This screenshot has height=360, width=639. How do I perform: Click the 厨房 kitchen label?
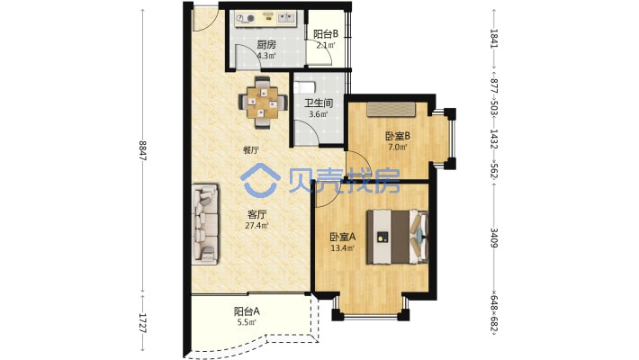click(266, 44)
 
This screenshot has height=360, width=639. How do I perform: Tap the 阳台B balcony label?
click(326, 34)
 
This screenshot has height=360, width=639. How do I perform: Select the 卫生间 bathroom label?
click(319, 103)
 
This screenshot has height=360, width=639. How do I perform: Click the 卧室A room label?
click(343, 237)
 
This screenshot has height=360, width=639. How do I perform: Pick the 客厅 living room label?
click(256, 214)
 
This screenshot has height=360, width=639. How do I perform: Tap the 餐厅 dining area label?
click(251, 150)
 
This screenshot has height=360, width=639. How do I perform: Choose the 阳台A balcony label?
click(247, 312)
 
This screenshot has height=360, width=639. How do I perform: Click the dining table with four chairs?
click(263, 102)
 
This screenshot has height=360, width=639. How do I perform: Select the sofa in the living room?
click(205, 223)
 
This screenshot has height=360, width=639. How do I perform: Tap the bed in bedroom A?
click(397, 237)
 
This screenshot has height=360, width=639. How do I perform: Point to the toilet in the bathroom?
click(304, 86)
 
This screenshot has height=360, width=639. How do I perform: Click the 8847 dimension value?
click(142, 150)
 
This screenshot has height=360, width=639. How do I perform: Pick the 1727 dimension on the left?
click(142, 323)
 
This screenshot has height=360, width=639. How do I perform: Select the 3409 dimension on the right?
click(493, 238)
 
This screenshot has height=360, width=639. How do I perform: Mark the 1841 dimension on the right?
click(493, 39)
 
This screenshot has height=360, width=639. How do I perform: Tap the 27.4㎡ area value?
click(256, 225)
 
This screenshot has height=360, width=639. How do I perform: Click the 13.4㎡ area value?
click(343, 247)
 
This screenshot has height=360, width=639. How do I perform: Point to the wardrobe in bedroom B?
click(391, 109)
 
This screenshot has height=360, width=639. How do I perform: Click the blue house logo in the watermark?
click(260, 181)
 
